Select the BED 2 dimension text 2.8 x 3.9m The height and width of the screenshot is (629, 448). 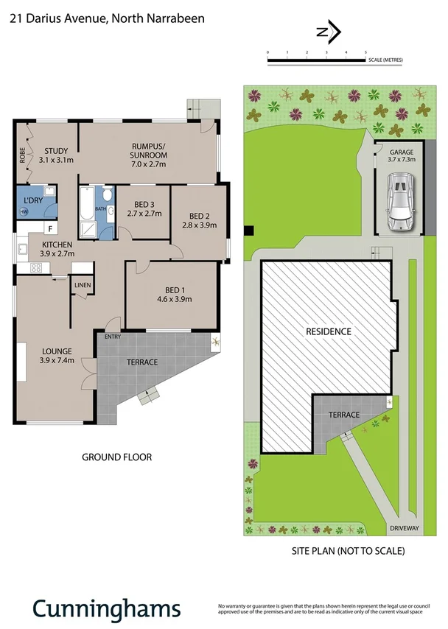coord(199,225)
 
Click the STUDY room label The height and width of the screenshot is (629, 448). coord(56,150)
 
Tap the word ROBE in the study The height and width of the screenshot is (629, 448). coord(23,156)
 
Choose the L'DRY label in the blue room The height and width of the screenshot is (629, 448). coord(32,200)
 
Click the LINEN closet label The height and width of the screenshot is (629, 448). coord(82,285)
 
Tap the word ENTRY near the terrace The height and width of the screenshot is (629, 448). coord(113,337)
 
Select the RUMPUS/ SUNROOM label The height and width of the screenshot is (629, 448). coord(149,150)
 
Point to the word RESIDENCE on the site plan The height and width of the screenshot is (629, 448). coord(329,331)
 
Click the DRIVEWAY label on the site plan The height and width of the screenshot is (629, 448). coord(404,528)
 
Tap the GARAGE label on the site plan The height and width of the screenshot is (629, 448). coord(401,152)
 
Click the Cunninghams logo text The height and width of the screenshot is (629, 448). coord(106,608)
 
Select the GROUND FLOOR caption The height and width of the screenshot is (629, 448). coord(116,457)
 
